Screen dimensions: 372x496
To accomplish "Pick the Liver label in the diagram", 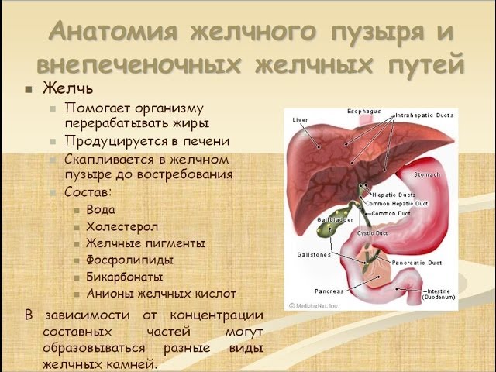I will (300, 120).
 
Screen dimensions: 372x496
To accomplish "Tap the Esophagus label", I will (364, 111).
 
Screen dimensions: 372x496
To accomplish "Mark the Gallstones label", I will (312, 253).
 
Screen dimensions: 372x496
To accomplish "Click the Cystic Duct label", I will (370, 232).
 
